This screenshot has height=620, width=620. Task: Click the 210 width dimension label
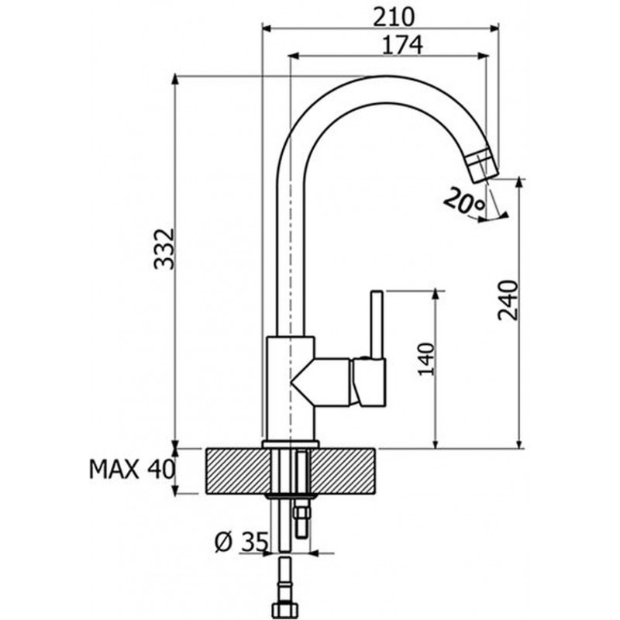coord(394,17)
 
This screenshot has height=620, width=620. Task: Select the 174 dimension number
coord(402,45)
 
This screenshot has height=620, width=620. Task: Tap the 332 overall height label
coord(164,249)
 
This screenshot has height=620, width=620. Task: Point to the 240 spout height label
coord(508,300)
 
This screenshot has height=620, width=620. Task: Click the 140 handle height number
coord(426,360)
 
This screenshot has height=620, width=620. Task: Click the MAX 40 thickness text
coord(132,470)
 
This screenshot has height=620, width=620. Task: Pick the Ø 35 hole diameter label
coord(242,542)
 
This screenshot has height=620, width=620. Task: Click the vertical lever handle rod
coord(377,325)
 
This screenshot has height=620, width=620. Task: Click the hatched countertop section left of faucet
coord(236,471)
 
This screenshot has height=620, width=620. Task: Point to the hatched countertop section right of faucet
coord(343,471)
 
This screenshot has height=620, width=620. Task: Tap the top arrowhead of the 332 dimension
coord(175,80)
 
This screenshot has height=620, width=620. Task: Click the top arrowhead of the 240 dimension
coord(519,184)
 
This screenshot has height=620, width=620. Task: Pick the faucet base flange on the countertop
coord(290,444)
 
